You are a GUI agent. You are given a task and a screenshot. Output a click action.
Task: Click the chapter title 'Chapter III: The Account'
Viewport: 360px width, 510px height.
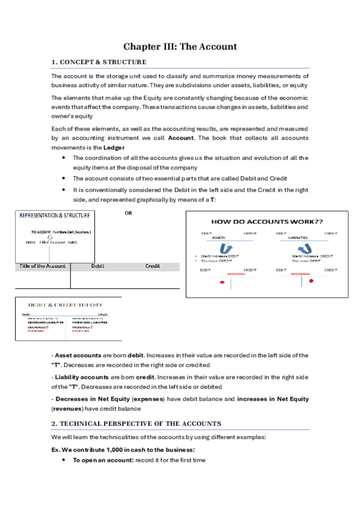[180, 46]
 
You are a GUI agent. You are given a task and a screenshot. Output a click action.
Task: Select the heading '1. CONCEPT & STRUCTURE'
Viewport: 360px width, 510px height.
[99, 62]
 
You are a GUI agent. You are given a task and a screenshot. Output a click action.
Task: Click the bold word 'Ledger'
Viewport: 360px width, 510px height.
[115, 147]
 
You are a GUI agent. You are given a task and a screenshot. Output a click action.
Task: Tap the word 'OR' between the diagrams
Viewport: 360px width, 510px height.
[128, 213]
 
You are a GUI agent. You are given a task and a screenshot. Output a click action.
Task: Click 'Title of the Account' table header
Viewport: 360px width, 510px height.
[43, 266]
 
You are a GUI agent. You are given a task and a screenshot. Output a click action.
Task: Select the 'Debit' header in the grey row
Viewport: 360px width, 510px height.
[97, 266]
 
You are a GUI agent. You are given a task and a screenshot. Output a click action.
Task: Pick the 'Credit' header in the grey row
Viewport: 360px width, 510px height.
[152, 266]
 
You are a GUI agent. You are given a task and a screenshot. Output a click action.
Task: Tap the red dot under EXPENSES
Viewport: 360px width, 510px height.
[222, 283]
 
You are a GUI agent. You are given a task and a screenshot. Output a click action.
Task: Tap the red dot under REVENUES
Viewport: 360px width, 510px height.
[311, 281]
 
